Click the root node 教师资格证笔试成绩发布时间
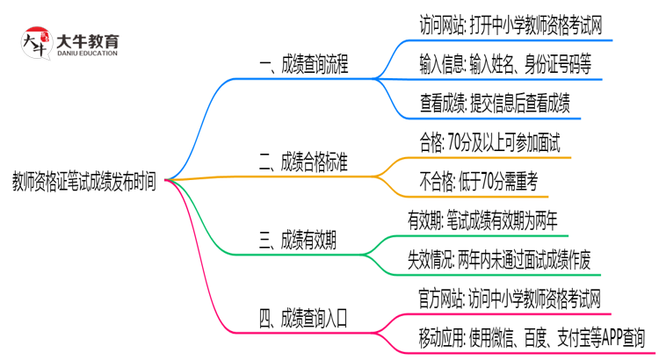[85, 183]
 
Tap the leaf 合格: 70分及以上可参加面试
[490, 142]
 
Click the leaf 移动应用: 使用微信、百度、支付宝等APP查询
[532, 337]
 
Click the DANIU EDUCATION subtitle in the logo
[88, 53]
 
